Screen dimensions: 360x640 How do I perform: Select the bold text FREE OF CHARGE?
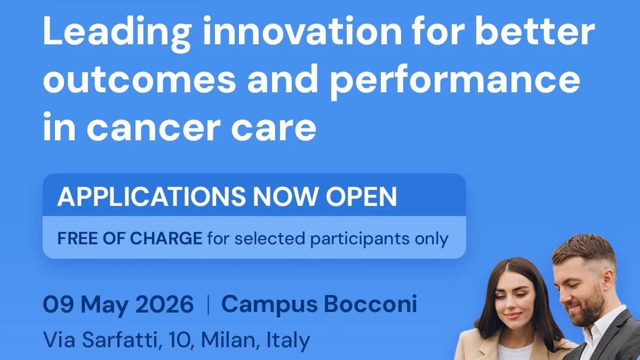point(130,238)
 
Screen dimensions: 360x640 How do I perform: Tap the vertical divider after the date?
point(207,305)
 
